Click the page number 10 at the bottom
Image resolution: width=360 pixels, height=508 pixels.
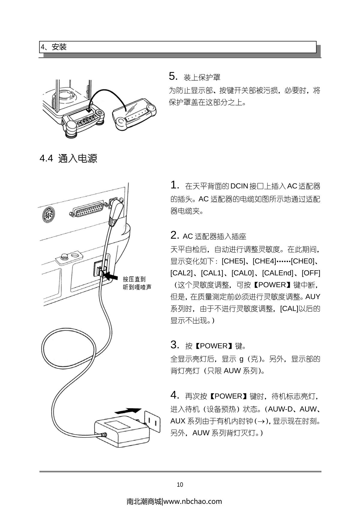point(180,485)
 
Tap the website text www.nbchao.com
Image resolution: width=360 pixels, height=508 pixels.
point(193,501)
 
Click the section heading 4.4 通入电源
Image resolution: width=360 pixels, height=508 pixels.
point(68,158)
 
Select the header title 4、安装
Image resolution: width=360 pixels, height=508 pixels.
point(54,47)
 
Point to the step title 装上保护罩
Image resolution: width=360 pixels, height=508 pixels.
point(202,78)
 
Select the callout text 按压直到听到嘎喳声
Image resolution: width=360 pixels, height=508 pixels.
point(137,283)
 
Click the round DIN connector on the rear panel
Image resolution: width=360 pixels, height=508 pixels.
point(48,215)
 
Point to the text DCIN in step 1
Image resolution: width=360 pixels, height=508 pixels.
point(239,186)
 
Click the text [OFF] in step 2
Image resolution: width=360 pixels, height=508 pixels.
point(311,273)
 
